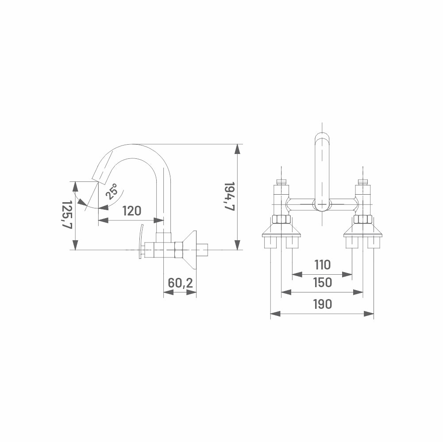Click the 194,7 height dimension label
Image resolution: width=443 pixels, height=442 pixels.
pos(229,196)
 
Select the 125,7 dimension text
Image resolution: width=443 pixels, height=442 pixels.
pos(67,214)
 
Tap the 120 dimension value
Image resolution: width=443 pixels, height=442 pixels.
pos(131,211)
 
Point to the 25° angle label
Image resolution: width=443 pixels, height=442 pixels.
pos(112,191)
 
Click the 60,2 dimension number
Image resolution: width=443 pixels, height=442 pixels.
pos(180,283)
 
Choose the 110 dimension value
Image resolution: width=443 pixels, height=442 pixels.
pos(322,265)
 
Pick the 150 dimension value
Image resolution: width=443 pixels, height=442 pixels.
pos(322,282)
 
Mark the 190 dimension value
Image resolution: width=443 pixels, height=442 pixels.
pos(322,304)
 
